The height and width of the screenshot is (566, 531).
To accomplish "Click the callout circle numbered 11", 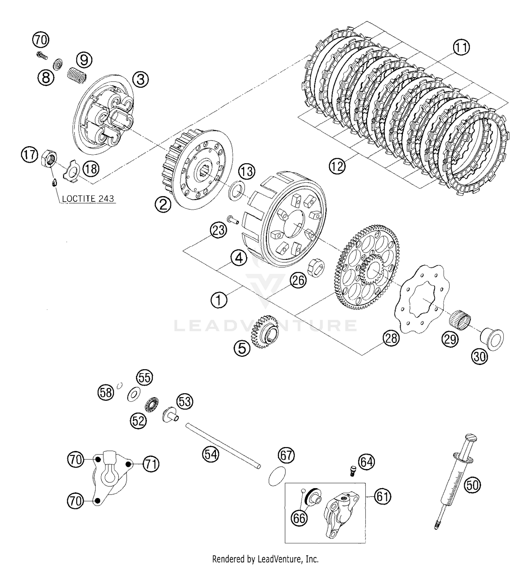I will pyautogui.click(x=461, y=48).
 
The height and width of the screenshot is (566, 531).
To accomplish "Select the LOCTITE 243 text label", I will pyautogui.click(x=88, y=199).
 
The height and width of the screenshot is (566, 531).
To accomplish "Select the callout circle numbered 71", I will pyautogui.click(x=151, y=464).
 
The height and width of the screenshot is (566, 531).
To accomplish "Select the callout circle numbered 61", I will pyautogui.click(x=382, y=497).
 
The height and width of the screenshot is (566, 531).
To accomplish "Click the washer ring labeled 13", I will pyautogui.click(x=236, y=189).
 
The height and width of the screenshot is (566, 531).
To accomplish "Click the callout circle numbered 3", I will pyautogui.click(x=141, y=79).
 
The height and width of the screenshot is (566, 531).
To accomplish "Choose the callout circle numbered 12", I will pyautogui.click(x=337, y=165).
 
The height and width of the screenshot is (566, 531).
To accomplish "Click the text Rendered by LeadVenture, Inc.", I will pyautogui.click(x=265, y=559).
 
